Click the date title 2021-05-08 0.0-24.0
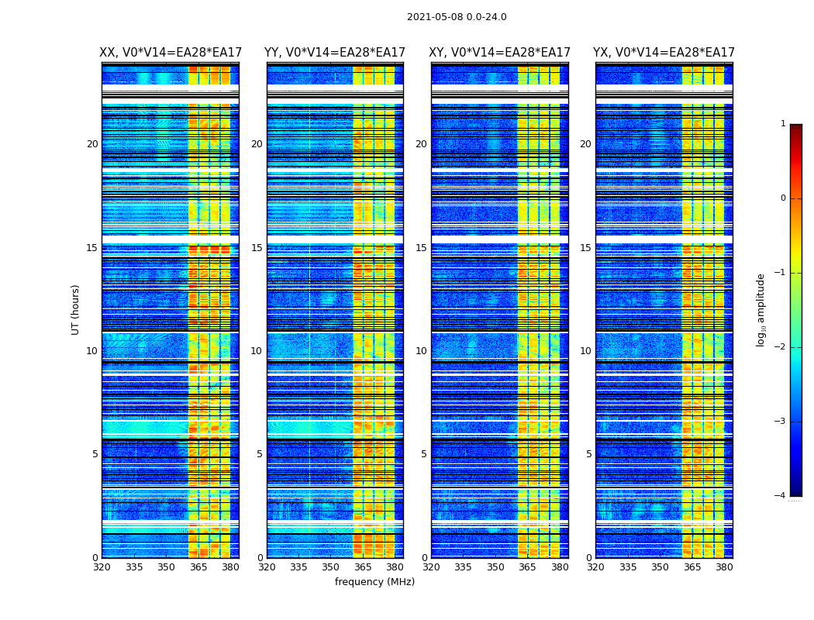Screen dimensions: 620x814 pyautogui.click(x=457, y=17)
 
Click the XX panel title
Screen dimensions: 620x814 pyautogui.click(x=171, y=53)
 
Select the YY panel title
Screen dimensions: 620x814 pyautogui.click(x=335, y=53)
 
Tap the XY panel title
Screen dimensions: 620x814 pyautogui.click(x=500, y=53)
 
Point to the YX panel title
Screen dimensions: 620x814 pyautogui.click(x=664, y=53)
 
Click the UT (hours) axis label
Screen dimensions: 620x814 pyautogui.click(x=76, y=309)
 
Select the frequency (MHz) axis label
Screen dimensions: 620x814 pyautogui.click(x=374, y=582)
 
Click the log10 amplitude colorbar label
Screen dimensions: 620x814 pyautogui.click(x=761, y=309)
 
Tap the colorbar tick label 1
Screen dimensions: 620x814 pyautogui.click(x=783, y=124)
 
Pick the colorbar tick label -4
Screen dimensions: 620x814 pyautogui.click(x=781, y=496)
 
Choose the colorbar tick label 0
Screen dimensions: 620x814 pyautogui.click(x=783, y=198)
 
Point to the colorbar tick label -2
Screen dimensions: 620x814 pyautogui.click(x=781, y=347)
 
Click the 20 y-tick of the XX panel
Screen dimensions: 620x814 pyautogui.click(x=92, y=144)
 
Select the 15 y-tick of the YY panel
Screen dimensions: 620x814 pyautogui.click(x=257, y=248)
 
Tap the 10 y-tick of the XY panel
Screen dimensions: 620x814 pyautogui.click(x=422, y=351)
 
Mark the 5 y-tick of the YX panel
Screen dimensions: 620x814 pyautogui.click(x=589, y=454)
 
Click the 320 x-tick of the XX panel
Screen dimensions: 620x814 pyautogui.click(x=102, y=567)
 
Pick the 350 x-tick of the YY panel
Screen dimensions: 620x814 pyautogui.click(x=331, y=567)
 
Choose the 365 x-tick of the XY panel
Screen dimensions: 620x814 pyautogui.click(x=528, y=567)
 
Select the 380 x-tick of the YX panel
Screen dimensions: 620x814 pyautogui.click(x=724, y=567)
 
